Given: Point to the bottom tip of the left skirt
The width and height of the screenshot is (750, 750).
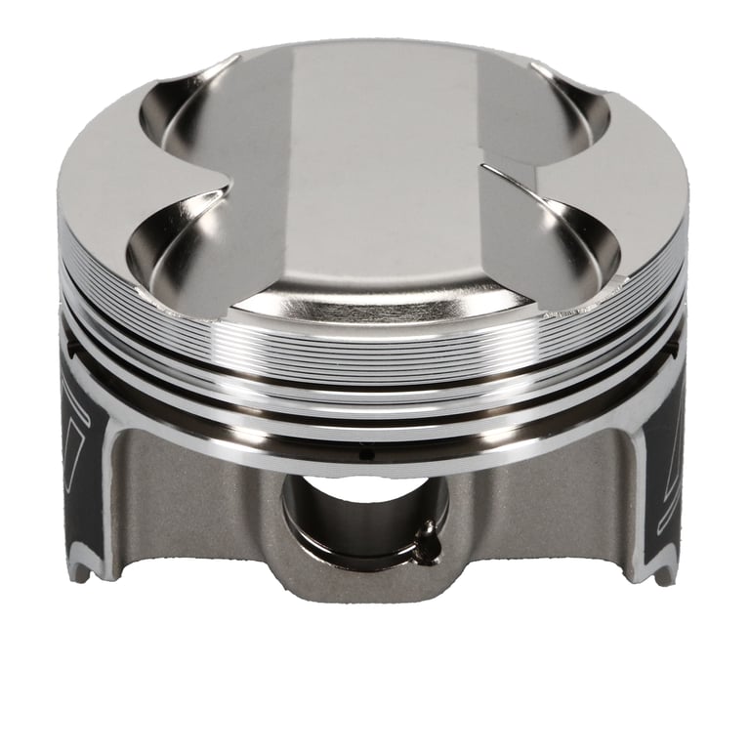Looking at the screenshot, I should pos(80,574).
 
